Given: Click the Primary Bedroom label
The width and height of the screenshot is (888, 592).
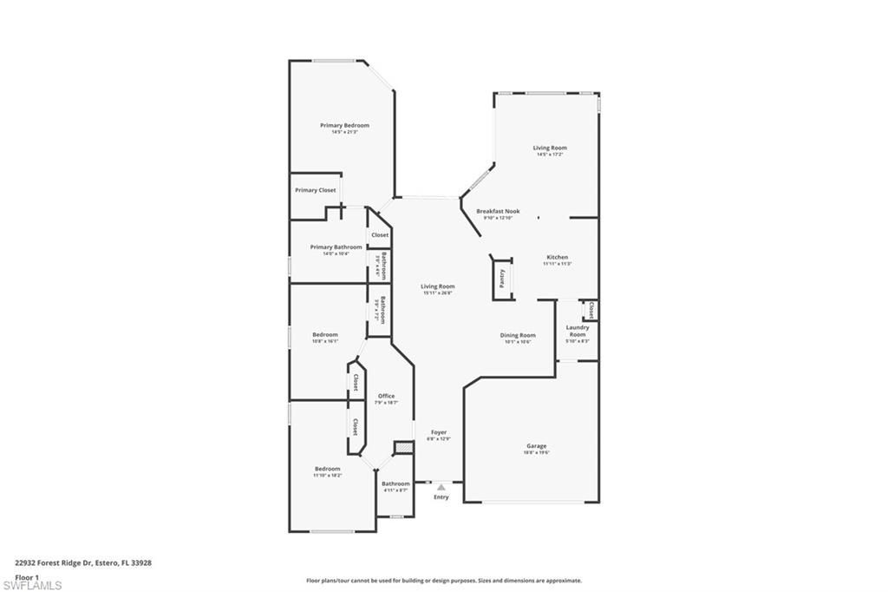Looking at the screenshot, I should pos(344,126).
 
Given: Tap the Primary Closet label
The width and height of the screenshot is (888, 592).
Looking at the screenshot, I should pos(315,190).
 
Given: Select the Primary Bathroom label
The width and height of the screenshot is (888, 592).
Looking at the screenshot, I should pos(336,247).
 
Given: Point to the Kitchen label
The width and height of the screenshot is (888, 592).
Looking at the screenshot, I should pos(557,258).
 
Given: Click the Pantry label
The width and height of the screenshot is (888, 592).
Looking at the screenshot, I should pos(502,278).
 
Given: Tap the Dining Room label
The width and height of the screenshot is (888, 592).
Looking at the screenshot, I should pos(517,335).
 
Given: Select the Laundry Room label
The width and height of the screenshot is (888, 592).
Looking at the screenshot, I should pos(578,331).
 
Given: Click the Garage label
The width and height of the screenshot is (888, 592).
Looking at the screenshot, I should pos(536,446).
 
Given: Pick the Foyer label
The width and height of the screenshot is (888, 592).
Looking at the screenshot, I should pos(439,432).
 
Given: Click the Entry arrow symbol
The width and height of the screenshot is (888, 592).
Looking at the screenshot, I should pos(441,488).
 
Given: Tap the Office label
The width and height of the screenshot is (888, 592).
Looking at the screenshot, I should pos(386,397).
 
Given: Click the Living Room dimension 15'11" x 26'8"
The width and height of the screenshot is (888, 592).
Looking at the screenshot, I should pos(438,293).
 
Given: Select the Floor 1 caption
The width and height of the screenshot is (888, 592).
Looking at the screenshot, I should pos(28,576).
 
